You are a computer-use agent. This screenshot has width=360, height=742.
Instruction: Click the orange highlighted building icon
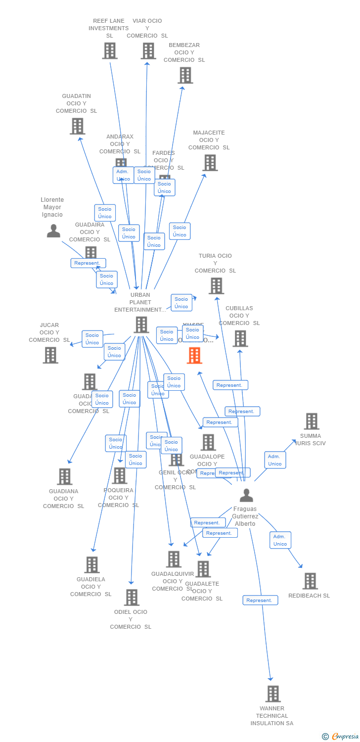194,355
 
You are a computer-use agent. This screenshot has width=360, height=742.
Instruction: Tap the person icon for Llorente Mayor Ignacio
53,231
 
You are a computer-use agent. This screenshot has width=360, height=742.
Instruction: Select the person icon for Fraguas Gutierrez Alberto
246,495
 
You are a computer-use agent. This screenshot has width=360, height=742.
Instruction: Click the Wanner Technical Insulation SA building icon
273,694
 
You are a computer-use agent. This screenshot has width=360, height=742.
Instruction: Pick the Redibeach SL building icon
310,581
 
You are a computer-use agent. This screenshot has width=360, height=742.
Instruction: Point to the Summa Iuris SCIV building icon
312,421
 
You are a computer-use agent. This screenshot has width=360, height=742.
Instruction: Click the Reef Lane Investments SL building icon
110,50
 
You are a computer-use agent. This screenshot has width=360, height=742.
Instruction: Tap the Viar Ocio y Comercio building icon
148,50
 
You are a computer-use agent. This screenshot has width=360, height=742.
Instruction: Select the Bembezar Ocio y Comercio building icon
185,75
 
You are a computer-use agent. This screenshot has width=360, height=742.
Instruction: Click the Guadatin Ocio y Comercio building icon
78,126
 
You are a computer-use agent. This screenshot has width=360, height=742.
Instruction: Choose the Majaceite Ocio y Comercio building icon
210,163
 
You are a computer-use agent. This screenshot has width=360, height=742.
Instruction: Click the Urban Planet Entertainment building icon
141,325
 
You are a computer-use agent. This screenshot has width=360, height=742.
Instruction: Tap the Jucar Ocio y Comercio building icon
50,355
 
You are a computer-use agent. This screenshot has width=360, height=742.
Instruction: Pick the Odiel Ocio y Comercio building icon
132,597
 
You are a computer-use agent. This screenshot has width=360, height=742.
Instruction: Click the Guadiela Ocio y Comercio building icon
92,564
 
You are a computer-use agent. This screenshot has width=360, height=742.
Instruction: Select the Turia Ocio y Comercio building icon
216,286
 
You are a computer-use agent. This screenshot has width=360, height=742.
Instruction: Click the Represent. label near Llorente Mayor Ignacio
88,263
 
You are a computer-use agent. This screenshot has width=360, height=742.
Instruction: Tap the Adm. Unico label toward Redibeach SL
280,540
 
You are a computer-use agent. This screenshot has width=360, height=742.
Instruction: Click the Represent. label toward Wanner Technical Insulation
260,600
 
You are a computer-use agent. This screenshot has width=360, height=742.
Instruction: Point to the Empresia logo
341,737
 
